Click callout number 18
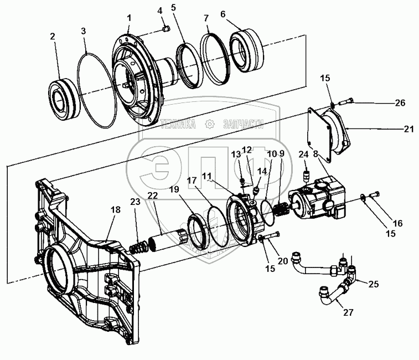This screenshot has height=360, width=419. point(116,210)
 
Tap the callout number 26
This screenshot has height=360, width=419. point(400,102)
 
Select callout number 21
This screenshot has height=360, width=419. point(408,129)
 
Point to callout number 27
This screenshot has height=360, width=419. point(348,312)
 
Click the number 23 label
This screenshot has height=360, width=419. point(135,202)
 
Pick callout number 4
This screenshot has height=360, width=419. point(160,11)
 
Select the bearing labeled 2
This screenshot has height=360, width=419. point(64,99)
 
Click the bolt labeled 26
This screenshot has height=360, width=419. point(346,101)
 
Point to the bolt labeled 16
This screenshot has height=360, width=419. point(375,194)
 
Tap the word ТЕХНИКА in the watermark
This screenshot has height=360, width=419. point(178,124)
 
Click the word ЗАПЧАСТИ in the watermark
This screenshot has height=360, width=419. point(244,124)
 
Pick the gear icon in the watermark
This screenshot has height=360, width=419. point(210,124)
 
